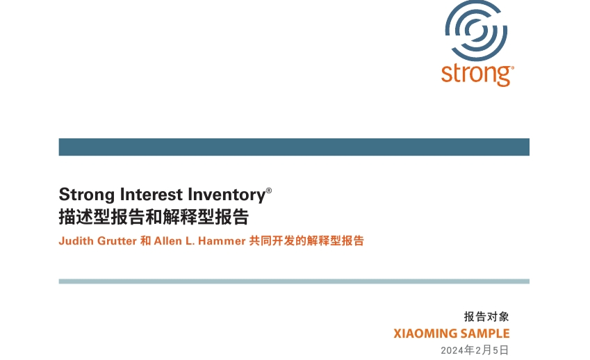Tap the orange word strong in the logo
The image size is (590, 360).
[476, 74]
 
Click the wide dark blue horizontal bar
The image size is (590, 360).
[294, 147]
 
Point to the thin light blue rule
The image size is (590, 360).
[294, 281]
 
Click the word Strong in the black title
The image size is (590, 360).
[87, 195]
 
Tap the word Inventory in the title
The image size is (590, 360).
[227, 195]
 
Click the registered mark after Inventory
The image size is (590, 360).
[269, 190]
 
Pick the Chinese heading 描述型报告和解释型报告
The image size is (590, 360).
[154, 217]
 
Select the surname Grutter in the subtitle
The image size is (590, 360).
[117, 240]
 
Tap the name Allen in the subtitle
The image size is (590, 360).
[167, 240]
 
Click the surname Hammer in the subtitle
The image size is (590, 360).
[222, 240]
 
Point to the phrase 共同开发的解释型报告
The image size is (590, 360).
[306, 240]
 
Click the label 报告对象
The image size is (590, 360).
[486, 317]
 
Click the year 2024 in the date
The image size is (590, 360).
[452, 350]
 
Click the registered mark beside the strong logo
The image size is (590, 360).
[512, 67]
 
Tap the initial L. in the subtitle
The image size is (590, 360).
[190, 240]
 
